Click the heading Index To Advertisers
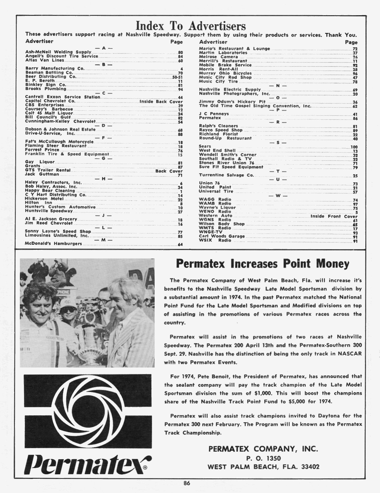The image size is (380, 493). pyautogui.click(x=191, y=25)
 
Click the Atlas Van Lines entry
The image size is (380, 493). pyautogui.click(x=45, y=60)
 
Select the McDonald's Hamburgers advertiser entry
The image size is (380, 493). pyautogui.click(x=53, y=244)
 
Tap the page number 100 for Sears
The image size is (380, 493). pyautogui.click(x=354, y=147)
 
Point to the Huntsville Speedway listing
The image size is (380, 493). pyautogui.click(x=49, y=211)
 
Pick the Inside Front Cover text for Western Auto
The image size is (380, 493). pyautogui.click(x=334, y=216)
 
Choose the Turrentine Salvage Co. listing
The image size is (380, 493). pyautogui.click(x=226, y=175)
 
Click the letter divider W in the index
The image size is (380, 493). pyautogui.click(x=278, y=196)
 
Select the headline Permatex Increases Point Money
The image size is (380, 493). pyautogui.click(x=262, y=264)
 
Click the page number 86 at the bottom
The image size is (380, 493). pyautogui.click(x=187, y=483)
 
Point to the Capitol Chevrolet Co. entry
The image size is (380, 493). pyautogui.click(x=50, y=101)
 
